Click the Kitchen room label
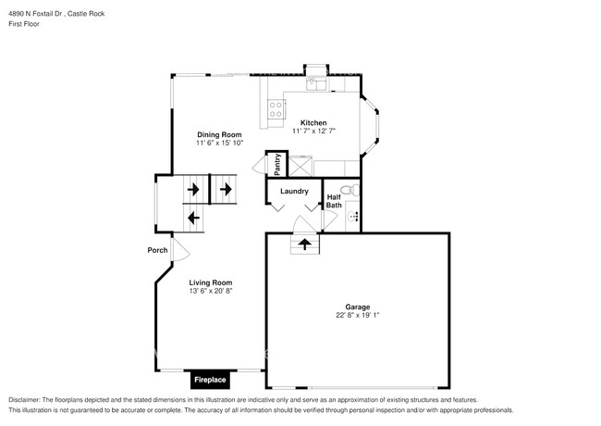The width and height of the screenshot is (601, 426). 313,122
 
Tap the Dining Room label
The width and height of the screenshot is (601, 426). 218,134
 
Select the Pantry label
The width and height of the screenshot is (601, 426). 276,164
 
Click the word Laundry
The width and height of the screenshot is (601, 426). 294,192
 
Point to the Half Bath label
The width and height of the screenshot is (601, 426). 335,200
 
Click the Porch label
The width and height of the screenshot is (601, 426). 157,250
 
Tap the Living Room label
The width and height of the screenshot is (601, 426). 211,282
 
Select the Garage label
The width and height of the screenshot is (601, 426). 358,307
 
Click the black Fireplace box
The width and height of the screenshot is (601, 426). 211,379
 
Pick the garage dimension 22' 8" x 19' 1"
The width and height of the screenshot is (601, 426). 358,316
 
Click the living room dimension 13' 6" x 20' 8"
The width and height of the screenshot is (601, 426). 211,292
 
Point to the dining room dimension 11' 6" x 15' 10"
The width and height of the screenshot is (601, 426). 218,144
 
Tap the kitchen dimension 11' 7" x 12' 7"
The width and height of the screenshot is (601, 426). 313,132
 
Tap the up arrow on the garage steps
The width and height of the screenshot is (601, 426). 303,244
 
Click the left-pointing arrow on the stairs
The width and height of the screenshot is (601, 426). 193,219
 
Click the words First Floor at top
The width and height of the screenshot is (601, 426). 24,24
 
